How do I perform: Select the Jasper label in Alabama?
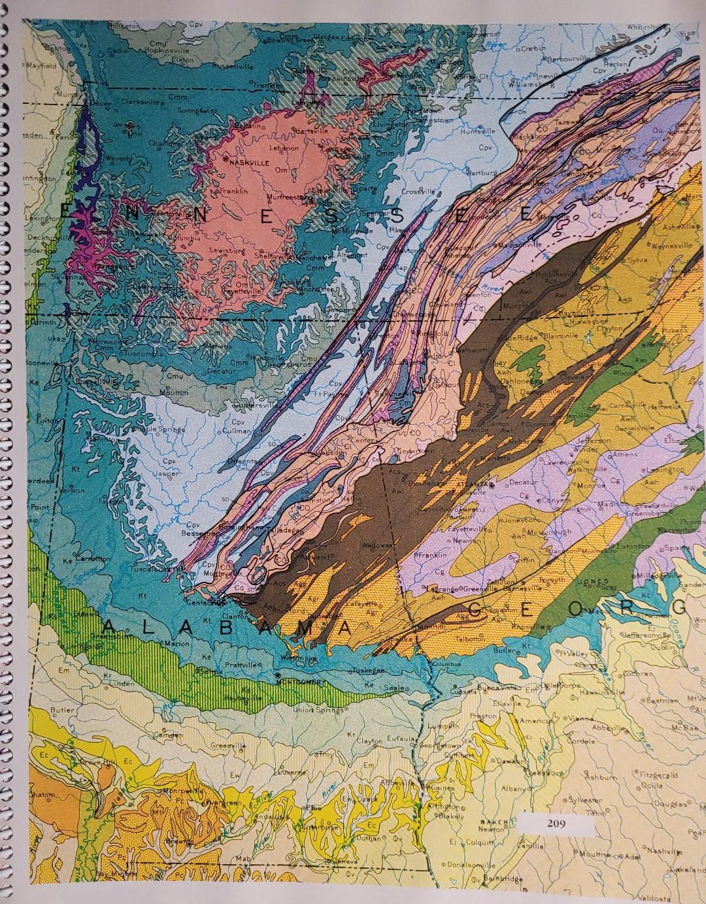167,472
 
